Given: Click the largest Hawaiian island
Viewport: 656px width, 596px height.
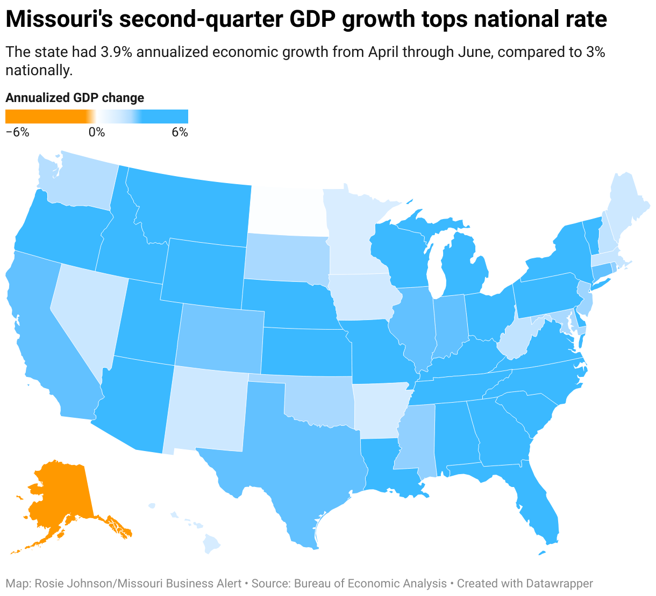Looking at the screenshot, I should [x=212, y=545].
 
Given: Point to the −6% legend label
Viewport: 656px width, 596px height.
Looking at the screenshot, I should [x=17, y=132].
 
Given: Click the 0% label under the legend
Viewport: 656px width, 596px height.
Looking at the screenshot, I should [x=97, y=132].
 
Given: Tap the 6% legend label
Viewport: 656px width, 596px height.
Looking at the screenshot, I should [x=180, y=132].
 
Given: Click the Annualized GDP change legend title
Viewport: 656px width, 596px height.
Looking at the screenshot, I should [x=75, y=98].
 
